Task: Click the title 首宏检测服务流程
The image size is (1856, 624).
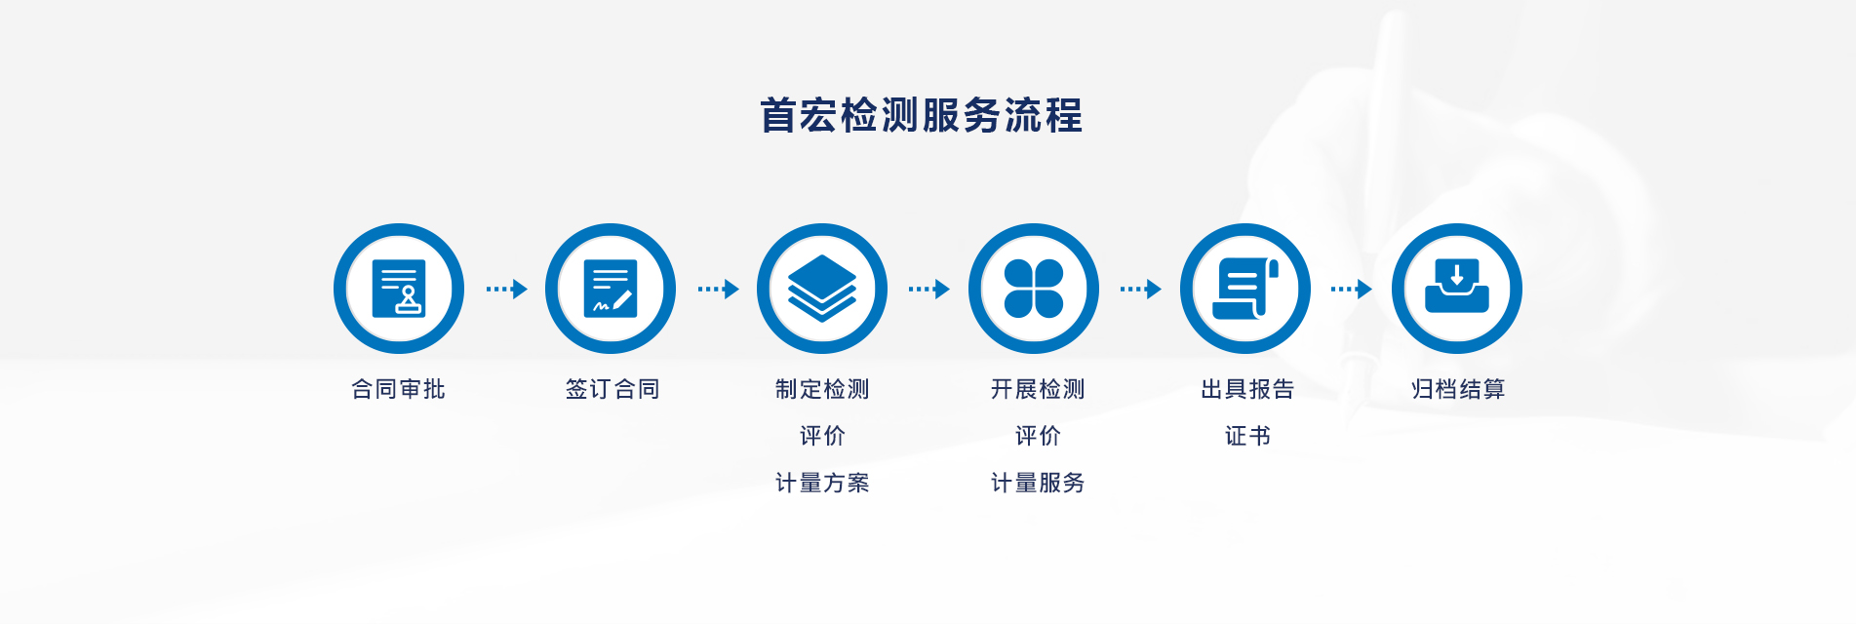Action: click(921, 115)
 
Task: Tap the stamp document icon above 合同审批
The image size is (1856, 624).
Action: click(399, 289)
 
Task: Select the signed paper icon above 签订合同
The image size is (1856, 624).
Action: click(611, 289)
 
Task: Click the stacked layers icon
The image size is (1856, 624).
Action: click(822, 289)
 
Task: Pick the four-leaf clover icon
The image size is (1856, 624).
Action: click(1034, 289)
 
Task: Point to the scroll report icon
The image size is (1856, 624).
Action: click(1245, 289)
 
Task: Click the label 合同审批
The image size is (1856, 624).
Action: click(398, 389)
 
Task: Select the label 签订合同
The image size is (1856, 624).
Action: click(612, 389)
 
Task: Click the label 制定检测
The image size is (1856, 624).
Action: click(822, 389)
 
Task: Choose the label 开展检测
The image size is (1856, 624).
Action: click(1038, 389)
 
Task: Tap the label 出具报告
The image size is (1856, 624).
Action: click(1247, 389)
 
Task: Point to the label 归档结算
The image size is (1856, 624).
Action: click(1458, 389)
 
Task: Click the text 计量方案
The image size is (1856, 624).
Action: click(822, 483)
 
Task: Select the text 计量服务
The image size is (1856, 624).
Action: click(1038, 483)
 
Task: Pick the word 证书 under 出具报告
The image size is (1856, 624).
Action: click(1247, 436)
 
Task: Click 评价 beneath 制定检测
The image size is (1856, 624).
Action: click(822, 436)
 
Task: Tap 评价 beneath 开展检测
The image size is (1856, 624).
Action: click(1038, 436)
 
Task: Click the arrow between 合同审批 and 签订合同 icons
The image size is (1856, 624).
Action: click(507, 289)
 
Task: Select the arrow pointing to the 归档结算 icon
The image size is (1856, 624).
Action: click(1352, 289)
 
